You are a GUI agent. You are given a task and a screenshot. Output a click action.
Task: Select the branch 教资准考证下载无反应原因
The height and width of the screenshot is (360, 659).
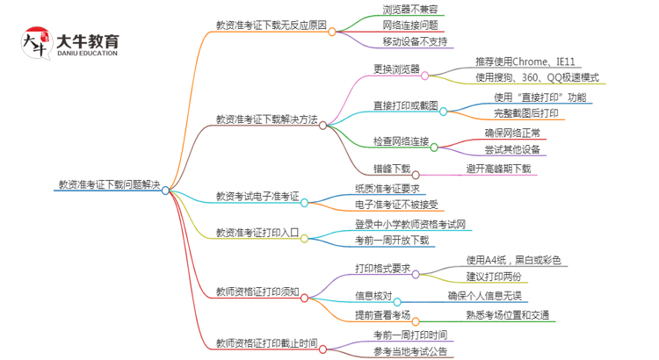[x=271, y=25]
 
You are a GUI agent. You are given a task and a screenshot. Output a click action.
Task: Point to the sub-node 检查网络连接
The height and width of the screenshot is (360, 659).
[x=401, y=142]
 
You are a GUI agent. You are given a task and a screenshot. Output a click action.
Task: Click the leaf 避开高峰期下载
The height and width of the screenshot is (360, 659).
[x=498, y=169]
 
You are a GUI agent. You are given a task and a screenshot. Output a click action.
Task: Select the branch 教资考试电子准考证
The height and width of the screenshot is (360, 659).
[x=257, y=196]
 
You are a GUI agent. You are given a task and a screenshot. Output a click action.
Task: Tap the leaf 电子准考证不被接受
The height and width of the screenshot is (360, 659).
[x=392, y=205]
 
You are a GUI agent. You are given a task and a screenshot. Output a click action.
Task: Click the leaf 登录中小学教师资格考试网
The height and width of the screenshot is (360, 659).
[x=410, y=224]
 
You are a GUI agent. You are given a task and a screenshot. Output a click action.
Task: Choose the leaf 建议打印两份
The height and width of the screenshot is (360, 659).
[x=507, y=277]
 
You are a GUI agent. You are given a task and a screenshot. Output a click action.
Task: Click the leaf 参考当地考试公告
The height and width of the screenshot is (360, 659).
[x=410, y=351]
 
